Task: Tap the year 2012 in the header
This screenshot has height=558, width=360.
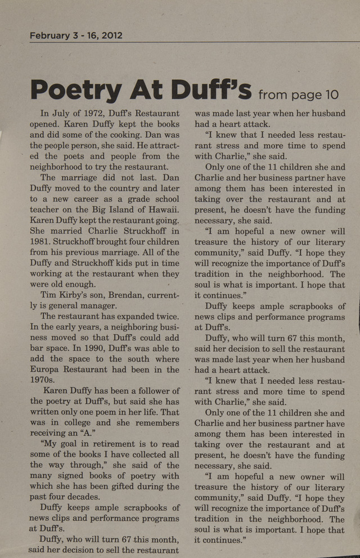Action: pyautogui.click(x=111, y=35)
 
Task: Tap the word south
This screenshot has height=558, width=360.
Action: pyautogui.click(x=121, y=359)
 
